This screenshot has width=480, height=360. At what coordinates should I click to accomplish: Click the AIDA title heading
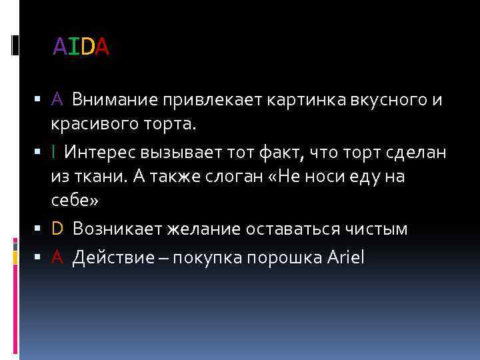pos(81,47)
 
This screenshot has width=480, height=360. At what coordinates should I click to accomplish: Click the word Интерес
pos(101,153)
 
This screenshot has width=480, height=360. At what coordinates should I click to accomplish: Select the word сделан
pos(415,153)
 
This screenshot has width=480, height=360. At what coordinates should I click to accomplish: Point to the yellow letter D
pos(57,229)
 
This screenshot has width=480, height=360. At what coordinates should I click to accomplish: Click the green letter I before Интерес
pos(53,153)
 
